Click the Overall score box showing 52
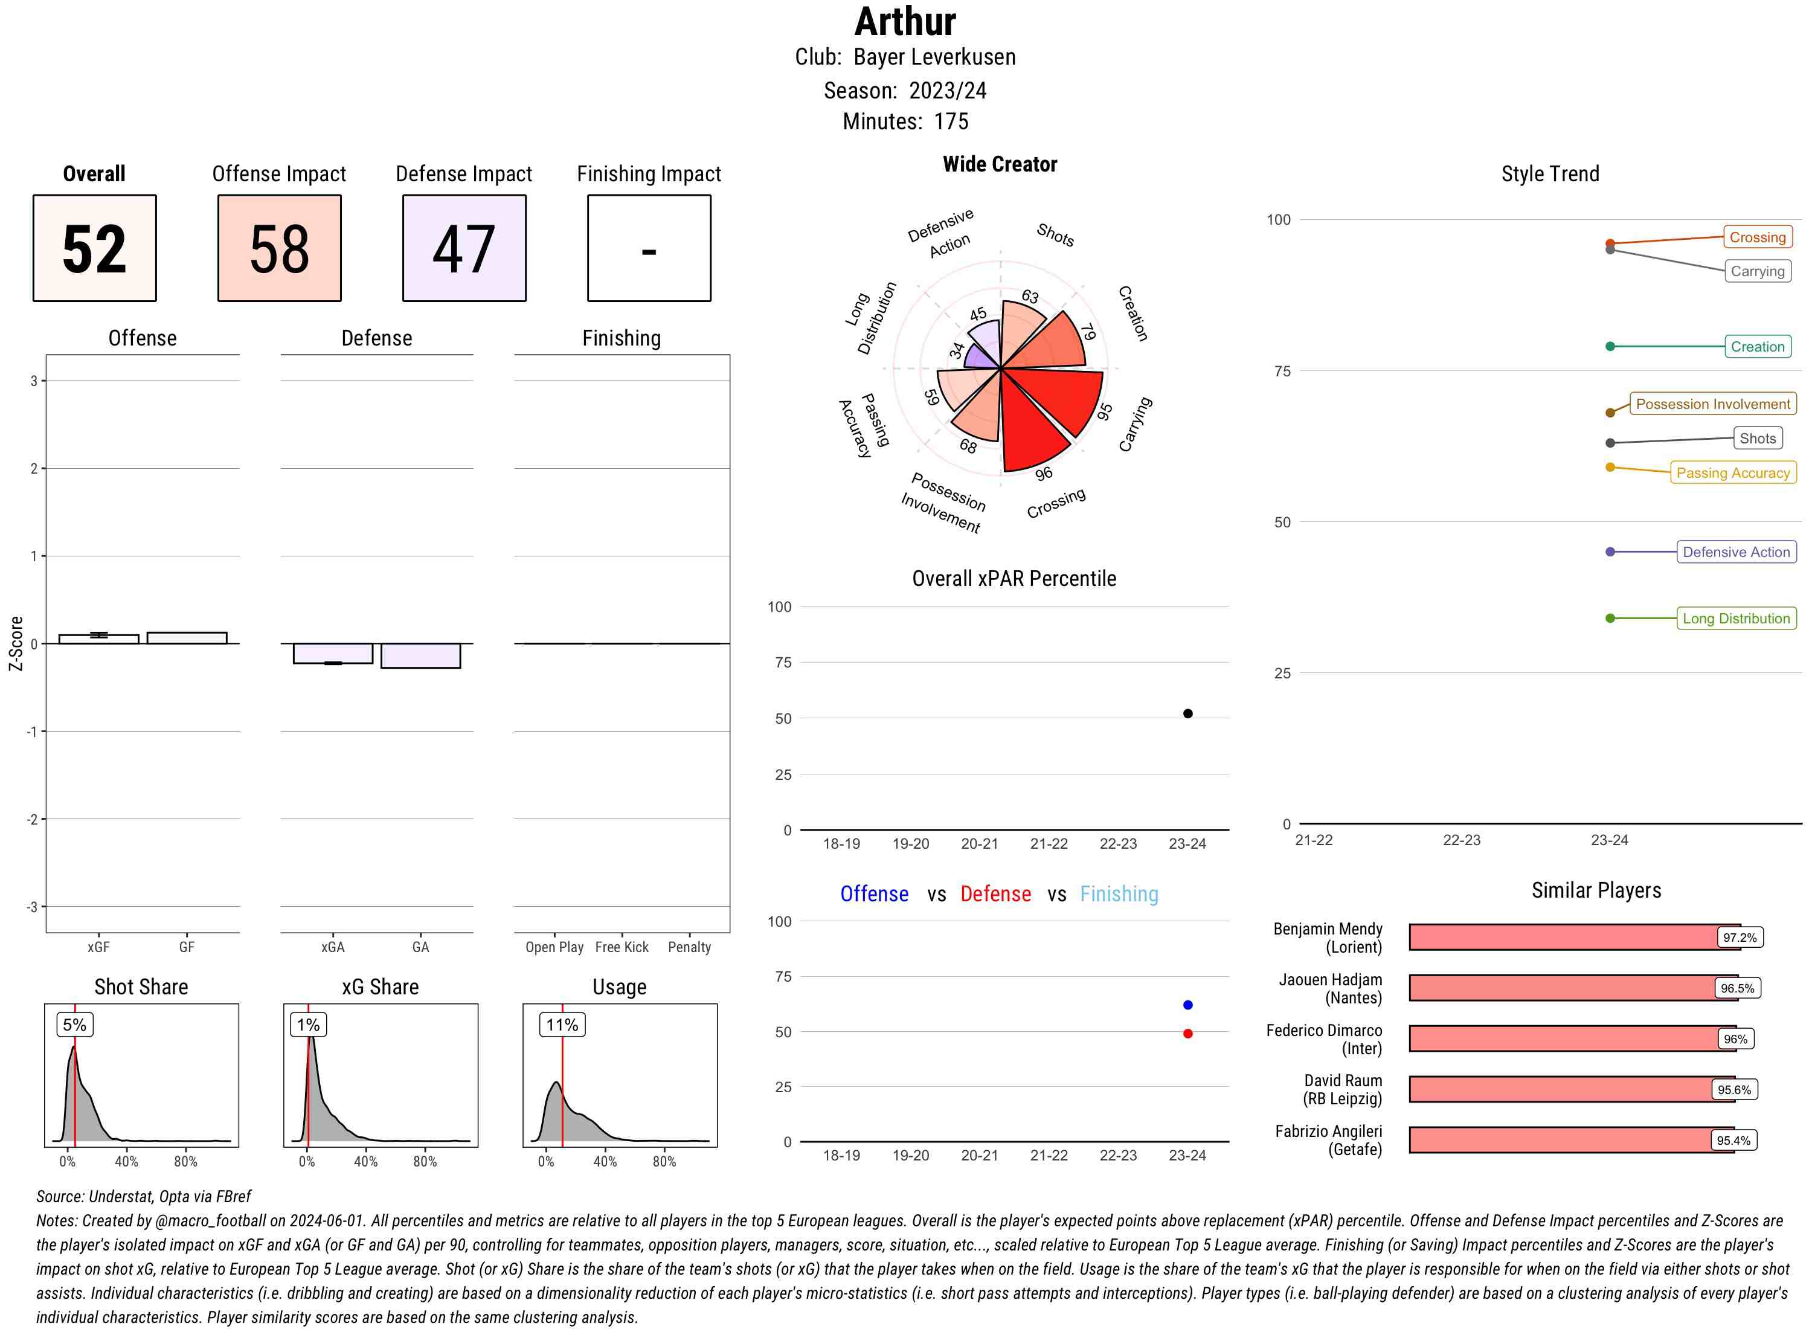94,248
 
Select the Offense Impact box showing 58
279,248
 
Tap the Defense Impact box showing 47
464,248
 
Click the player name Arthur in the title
905,22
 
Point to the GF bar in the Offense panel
187,638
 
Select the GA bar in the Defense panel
420,655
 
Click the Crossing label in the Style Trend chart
1756,237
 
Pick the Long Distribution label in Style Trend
1736,619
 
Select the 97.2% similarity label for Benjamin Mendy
1739,937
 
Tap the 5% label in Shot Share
74,1025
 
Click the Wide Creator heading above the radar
999,164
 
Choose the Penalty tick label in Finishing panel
689,947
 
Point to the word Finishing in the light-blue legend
1118,894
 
